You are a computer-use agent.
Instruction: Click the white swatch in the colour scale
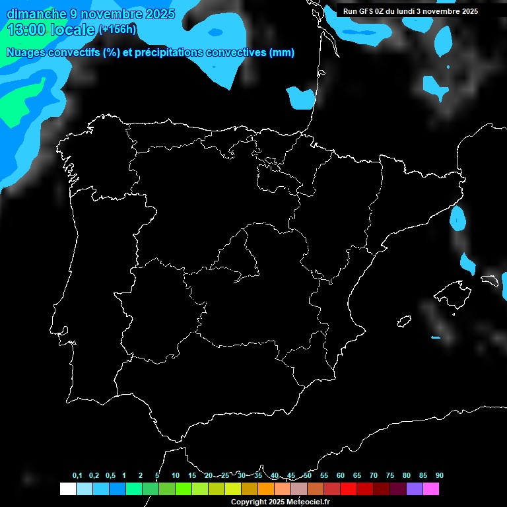[67, 489]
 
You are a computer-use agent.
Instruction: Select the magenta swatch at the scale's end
[431, 489]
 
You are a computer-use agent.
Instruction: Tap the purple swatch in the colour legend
[415, 489]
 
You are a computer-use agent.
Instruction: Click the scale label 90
[440, 476]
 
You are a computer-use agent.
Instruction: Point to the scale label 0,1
[77, 476]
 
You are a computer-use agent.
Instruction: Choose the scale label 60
[341, 476]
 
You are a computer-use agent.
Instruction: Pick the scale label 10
[176, 476]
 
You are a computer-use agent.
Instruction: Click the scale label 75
[390, 476]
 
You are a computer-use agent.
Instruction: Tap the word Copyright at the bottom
[249, 502]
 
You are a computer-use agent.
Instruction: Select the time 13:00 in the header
[26, 30]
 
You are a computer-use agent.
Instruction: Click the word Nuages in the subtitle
[24, 53]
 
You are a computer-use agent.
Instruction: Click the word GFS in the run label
[366, 11]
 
